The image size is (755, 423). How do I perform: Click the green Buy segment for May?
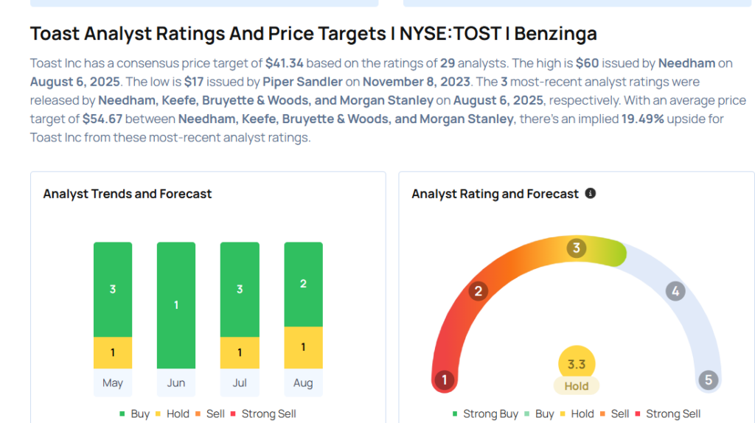pos(113,289)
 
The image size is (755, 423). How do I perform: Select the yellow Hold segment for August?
pos(303,347)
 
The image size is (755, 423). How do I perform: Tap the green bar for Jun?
pos(176,305)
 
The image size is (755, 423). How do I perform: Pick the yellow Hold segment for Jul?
pos(240,353)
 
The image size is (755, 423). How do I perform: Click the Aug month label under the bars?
pos(303,382)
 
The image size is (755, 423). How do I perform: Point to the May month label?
pos(113,382)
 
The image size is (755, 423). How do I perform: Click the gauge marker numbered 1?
pos(444,380)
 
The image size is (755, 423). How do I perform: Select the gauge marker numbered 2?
pos(478,291)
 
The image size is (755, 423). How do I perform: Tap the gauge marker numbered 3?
pos(577,248)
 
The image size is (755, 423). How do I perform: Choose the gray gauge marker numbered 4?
pos(675,291)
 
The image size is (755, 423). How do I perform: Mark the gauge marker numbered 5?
pos(709,380)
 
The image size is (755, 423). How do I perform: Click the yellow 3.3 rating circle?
pos(577,364)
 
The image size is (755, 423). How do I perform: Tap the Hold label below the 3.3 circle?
pos(577,386)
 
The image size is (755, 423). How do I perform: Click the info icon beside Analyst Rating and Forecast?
pos(590,193)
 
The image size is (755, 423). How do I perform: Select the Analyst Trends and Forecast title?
pos(128,194)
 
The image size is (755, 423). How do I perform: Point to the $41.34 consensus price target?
pos(285,63)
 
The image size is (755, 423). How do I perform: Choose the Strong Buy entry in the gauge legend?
pos(485,414)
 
